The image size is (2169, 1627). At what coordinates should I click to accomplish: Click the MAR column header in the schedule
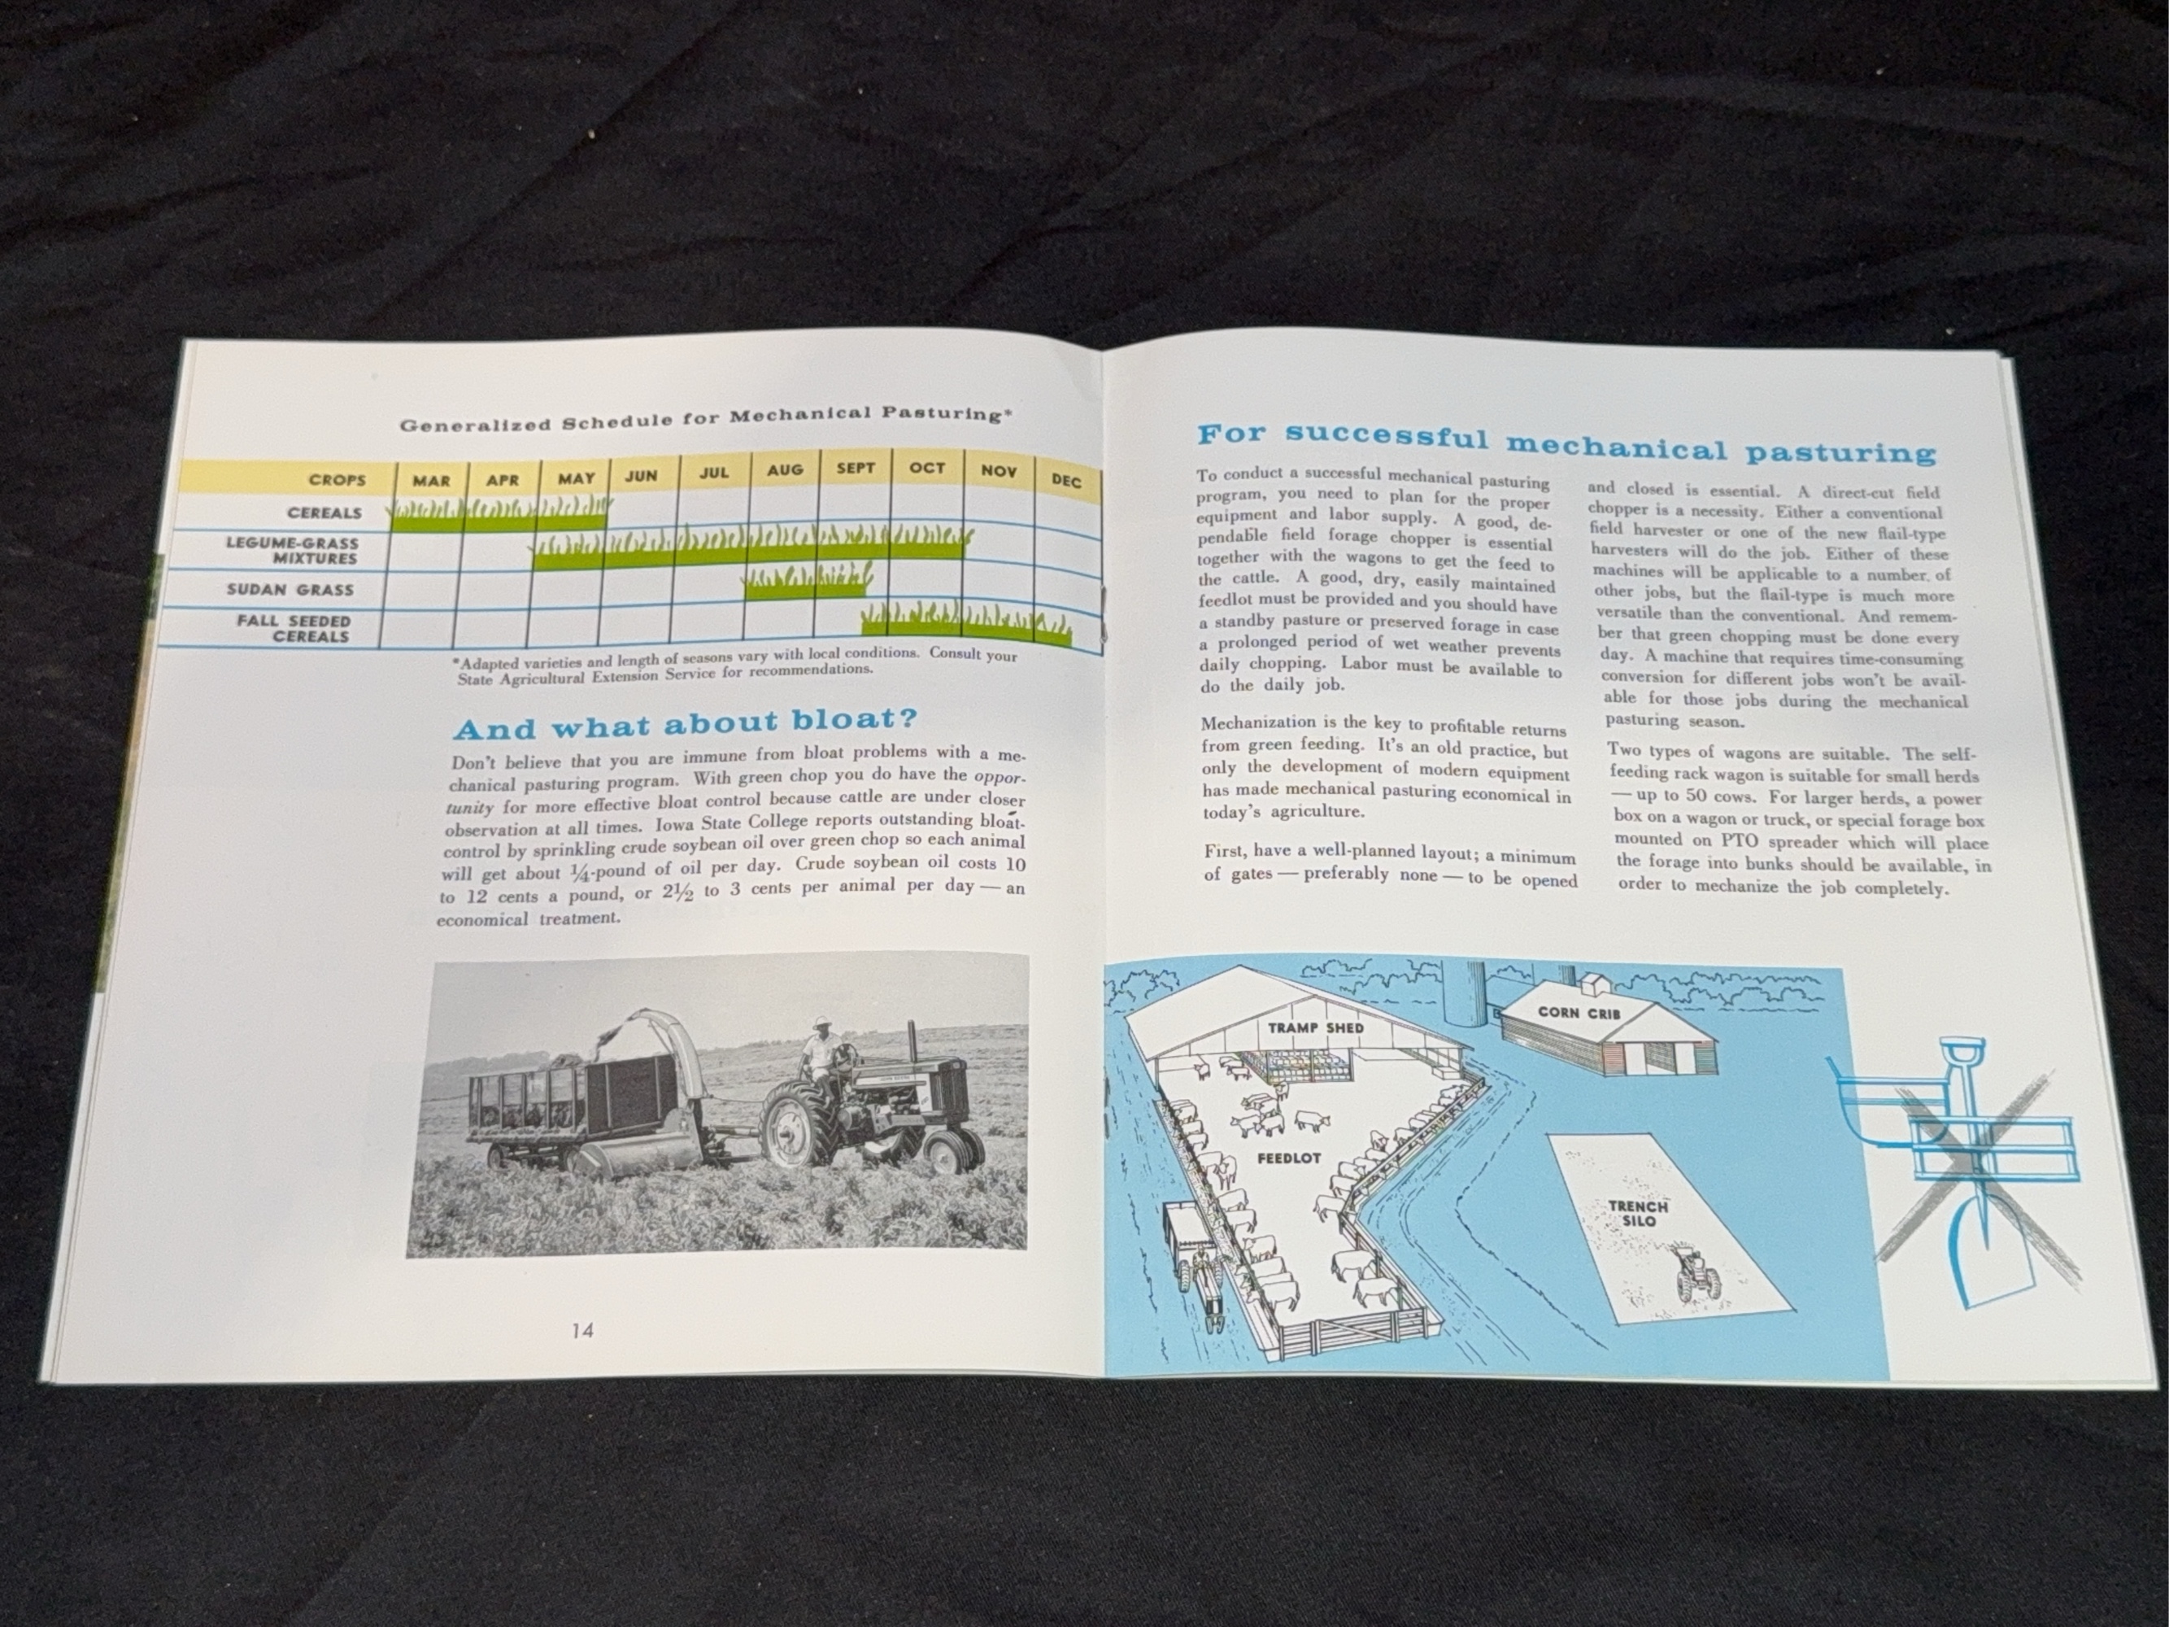(x=432, y=481)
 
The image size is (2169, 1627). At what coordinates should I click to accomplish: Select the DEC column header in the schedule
(x=1066, y=481)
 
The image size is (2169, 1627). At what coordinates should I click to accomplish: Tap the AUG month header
(x=785, y=469)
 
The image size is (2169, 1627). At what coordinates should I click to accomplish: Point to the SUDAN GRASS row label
(x=290, y=591)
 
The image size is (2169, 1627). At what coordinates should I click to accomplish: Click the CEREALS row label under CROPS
(x=324, y=513)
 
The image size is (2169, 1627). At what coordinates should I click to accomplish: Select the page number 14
(x=582, y=1331)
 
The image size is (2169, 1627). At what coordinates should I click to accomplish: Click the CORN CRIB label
(x=1579, y=1012)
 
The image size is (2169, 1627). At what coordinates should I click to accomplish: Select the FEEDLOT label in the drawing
(x=1289, y=1158)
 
